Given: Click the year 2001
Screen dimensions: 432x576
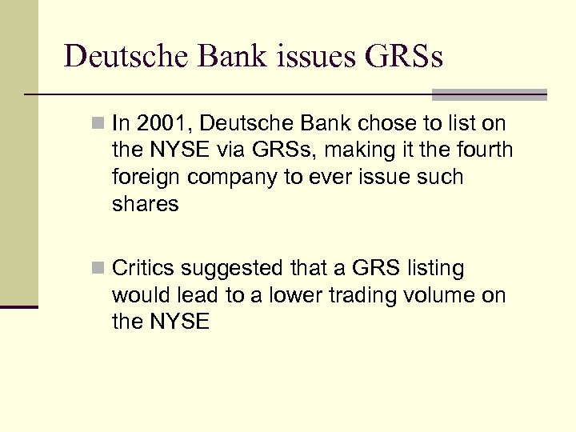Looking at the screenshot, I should [x=157, y=123].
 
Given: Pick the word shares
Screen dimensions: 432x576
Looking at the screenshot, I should [x=145, y=203].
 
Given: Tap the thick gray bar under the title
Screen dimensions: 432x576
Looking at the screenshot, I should [x=489, y=94].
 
